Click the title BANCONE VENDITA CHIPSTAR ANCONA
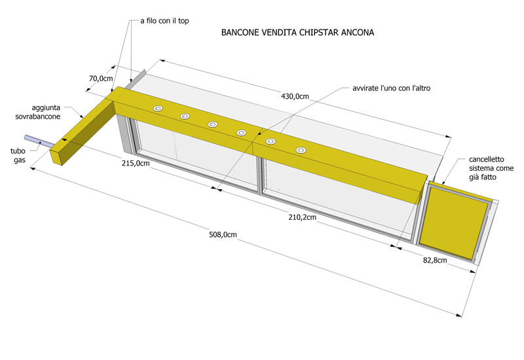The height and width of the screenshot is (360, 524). pyautogui.click(x=297, y=32)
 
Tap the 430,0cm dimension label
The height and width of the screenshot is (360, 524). pyautogui.click(x=295, y=96)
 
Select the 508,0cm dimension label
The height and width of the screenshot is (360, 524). pyautogui.click(x=223, y=235)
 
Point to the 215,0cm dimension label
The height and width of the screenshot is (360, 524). pyautogui.click(x=136, y=163)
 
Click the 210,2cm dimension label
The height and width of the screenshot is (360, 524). pyautogui.click(x=302, y=217)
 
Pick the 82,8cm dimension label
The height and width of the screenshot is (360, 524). pyautogui.click(x=435, y=260)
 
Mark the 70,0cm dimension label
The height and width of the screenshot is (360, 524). pyautogui.click(x=101, y=79)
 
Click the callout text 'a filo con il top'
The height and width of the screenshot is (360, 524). pyautogui.click(x=164, y=21)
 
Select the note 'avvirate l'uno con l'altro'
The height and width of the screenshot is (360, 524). pyautogui.click(x=391, y=88)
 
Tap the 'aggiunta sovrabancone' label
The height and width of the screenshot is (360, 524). pyautogui.click(x=38, y=112)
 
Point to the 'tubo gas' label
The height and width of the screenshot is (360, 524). pyautogui.click(x=18, y=156)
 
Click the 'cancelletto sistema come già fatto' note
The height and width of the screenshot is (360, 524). pyautogui.click(x=491, y=168)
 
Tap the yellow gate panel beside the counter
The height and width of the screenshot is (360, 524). pyautogui.click(x=453, y=223)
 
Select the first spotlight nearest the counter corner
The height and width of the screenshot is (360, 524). pyautogui.click(x=158, y=109)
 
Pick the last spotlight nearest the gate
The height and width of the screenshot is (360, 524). pyautogui.click(x=301, y=151)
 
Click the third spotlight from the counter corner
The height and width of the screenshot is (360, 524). pyautogui.click(x=212, y=124)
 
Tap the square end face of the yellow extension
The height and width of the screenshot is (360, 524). pyautogui.click(x=57, y=156)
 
